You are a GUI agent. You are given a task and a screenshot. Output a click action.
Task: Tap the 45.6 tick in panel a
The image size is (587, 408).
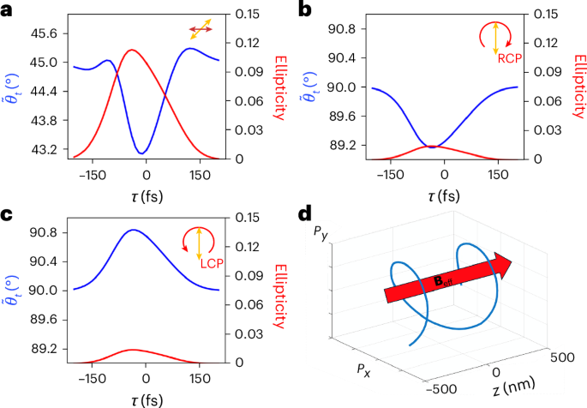(44, 33)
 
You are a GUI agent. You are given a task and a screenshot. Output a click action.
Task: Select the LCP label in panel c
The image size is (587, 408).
(212, 263)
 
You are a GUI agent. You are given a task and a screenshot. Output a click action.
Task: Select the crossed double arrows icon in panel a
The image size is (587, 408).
(201, 31)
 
